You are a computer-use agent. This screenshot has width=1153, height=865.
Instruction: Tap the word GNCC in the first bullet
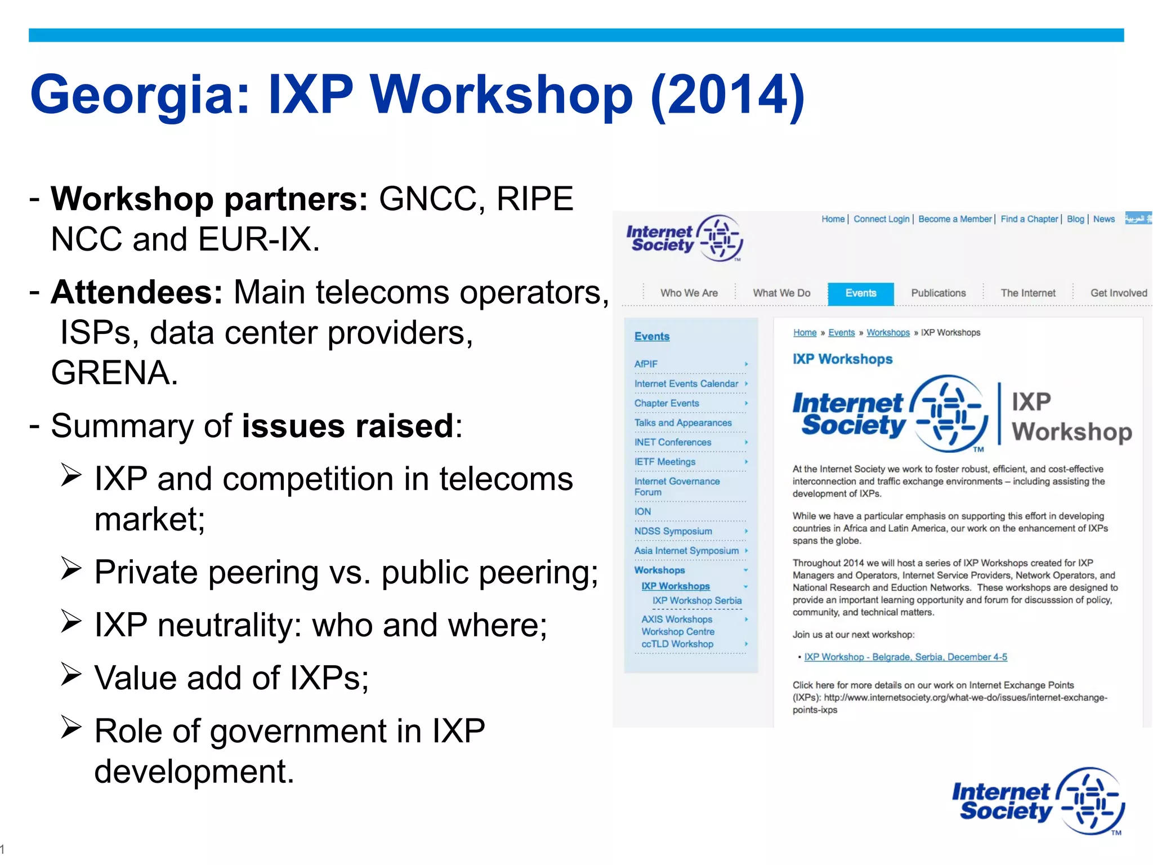(427, 199)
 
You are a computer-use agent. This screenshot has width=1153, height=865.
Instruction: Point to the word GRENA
(114, 373)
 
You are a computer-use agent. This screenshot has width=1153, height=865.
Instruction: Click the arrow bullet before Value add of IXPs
(71, 674)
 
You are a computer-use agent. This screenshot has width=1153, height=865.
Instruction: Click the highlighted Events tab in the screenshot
(860, 293)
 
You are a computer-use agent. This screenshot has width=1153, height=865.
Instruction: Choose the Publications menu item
(938, 293)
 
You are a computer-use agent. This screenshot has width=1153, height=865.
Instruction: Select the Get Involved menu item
(1118, 293)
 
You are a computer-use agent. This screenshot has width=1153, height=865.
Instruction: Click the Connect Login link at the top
(881, 219)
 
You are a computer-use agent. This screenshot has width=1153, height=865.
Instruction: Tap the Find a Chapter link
(1029, 219)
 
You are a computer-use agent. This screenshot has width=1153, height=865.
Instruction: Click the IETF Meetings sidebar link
(664, 462)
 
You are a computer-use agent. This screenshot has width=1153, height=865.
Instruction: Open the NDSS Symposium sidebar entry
(673, 531)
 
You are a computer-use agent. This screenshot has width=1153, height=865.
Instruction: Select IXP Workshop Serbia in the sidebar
(696, 601)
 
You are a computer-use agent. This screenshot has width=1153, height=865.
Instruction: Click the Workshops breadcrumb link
(888, 333)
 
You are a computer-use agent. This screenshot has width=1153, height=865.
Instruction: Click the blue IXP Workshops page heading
(842, 359)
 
